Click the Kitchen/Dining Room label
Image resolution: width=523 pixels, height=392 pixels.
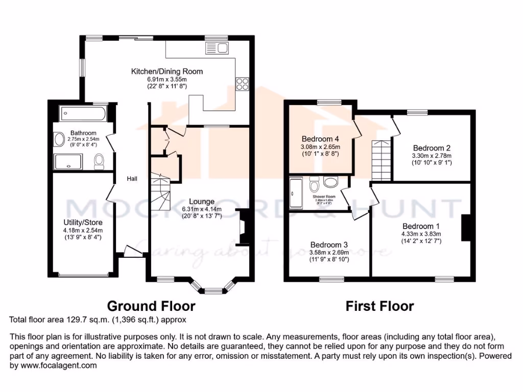click(x=167, y=71)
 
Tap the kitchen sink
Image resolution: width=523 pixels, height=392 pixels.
click(x=218, y=48)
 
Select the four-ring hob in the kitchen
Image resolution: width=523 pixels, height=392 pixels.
click(x=242, y=84)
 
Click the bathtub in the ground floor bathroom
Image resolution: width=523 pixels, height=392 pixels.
click(x=82, y=113)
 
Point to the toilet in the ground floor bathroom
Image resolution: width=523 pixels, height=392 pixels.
click(x=99, y=161)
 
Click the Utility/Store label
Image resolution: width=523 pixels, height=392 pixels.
click(x=83, y=223)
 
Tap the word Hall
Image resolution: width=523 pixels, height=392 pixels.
click(x=132, y=179)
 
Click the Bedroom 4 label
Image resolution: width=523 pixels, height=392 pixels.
click(x=320, y=139)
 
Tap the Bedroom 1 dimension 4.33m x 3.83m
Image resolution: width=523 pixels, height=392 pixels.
click(x=421, y=234)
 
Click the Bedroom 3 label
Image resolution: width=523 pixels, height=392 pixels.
click(x=329, y=244)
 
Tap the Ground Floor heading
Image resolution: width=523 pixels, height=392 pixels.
click(x=151, y=306)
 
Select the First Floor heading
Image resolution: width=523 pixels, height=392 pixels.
click(x=379, y=306)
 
